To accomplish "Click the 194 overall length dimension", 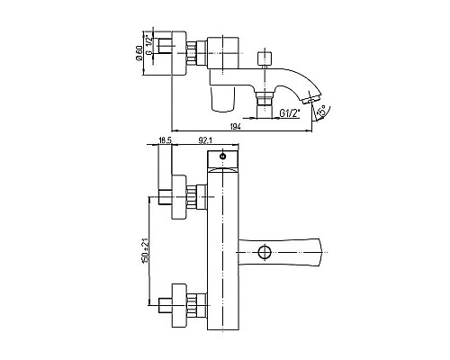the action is coord(236,127).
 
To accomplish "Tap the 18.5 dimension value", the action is coord(165,140).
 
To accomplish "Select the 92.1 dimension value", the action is coord(205,140).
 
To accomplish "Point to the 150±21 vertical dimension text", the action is coord(145,251).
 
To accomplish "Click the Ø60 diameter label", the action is coord(139,53).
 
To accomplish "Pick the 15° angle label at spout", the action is coord(321,111).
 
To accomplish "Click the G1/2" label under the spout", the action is coord(290,113).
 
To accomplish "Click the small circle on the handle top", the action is coord(223,156).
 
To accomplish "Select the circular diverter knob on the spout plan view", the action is coord(265,252).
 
